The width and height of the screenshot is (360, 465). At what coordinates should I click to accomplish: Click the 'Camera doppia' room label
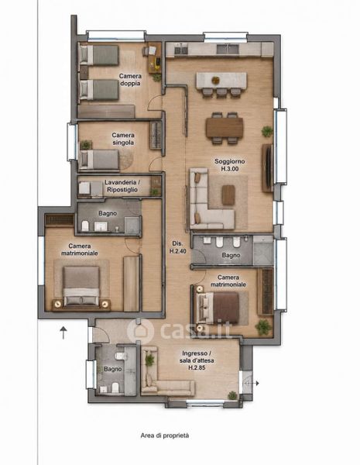(x=130, y=80)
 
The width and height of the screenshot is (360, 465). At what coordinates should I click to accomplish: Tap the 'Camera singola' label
(x=123, y=139)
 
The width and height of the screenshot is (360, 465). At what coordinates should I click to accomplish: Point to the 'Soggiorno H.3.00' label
(x=230, y=165)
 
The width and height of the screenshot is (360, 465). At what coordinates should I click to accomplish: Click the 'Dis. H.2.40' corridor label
(x=177, y=247)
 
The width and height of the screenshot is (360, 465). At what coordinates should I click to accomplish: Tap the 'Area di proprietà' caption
(x=165, y=436)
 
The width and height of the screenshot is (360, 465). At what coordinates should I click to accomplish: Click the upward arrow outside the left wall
(x=63, y=332)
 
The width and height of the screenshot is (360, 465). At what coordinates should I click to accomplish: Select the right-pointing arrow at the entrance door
(x=252, y=383)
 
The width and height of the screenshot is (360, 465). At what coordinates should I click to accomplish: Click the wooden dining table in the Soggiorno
(x=225, y=128)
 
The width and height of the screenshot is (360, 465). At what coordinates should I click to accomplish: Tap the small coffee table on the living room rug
(x=228, y=195)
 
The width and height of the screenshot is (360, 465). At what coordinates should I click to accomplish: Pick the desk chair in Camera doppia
(x=146, y=51)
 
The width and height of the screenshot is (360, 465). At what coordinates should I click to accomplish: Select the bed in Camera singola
(x=99, y=160)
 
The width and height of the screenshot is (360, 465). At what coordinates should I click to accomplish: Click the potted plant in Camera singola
(x=86, y=145)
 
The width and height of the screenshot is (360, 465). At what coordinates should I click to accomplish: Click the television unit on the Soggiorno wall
(x=268, y=168)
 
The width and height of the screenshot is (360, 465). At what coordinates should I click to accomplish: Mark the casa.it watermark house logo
(x=140, y=331)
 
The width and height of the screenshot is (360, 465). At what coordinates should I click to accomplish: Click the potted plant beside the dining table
(x=267, y=131)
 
